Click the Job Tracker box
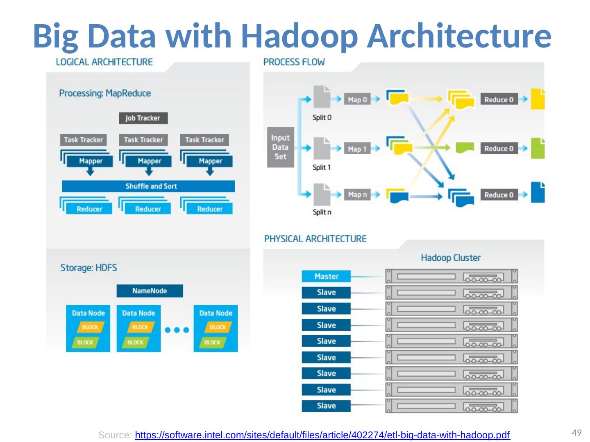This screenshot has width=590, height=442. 143,118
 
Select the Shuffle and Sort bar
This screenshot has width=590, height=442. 148,186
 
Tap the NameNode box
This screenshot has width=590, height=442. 150,291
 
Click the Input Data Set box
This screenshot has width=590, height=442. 280,147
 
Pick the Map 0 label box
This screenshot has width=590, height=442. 357,99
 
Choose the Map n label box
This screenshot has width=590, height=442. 357,194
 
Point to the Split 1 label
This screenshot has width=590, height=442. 322,167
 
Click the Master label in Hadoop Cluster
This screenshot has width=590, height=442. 326,276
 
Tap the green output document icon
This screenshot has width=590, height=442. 538,149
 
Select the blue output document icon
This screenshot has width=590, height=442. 538,192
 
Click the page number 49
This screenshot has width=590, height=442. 576,433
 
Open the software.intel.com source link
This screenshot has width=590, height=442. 322,435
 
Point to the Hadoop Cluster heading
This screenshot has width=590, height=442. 451,258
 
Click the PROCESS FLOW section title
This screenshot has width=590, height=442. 294,62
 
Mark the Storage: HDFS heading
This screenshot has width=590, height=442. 88,268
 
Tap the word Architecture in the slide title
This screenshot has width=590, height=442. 459,36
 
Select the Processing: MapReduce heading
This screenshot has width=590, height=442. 105,93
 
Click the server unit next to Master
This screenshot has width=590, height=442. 451,276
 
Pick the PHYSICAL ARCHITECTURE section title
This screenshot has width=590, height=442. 315,239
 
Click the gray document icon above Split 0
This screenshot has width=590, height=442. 322,97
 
